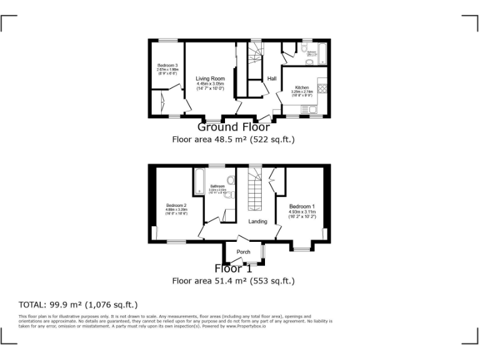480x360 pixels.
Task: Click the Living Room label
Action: pyautogui.click(x=210, y=79)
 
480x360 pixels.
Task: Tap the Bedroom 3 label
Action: pyautogui.click(x=167, y=66)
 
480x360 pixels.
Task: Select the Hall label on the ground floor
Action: pyautogui.click(x=272, y=79)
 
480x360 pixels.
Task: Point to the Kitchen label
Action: pyautogui.click(x=302, y=87)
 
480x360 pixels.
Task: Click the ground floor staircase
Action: pyautogui.click(x=254, y=59)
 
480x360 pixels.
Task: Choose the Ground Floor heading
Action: pyautogui.click(x=233, y=127)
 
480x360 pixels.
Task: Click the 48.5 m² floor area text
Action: pyautogui.click(x=233, y=139)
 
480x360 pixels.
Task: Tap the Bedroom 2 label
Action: pyautogui.click(x=176, y=206)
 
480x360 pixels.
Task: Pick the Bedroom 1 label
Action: pyautogui.click(x=302, y=206)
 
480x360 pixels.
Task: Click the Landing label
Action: pyautogui.click(x=257, y=221)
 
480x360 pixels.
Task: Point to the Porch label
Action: pyautogui.click(x=243, y=252)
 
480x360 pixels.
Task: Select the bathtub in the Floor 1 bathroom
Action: pyautogui.click(x=199, y=181)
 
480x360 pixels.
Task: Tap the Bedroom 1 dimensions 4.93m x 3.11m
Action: pyautogui.click(x=302, y=212)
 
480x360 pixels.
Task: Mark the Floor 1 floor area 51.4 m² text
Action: pyautogui.click(x=233, y=281)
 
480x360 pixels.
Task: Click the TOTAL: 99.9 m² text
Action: pyautogui.click(x=78, y=304)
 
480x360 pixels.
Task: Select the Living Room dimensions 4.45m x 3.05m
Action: pyautogui.click(x=210, y=84)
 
